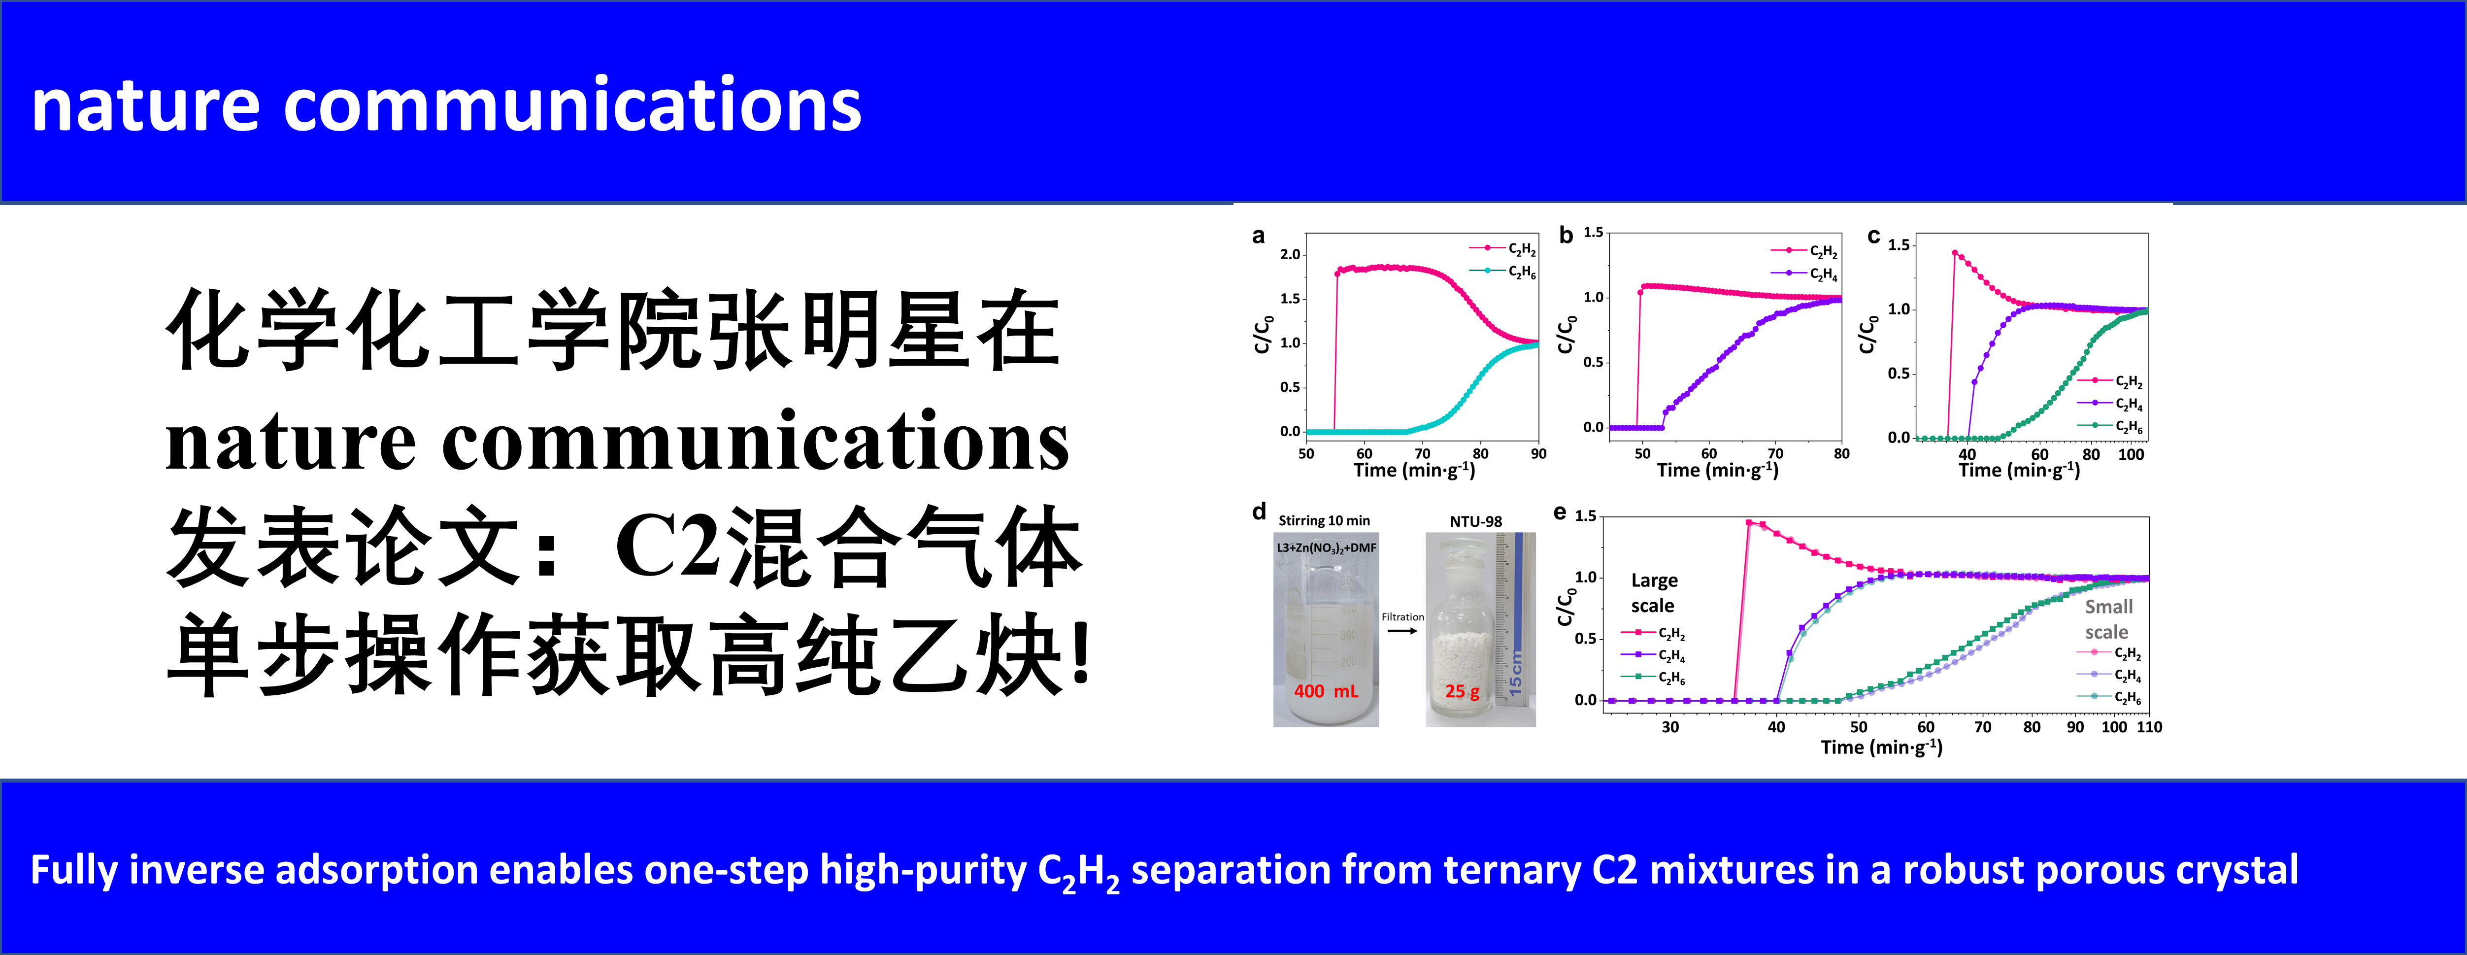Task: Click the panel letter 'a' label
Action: click(x=1259, y=236)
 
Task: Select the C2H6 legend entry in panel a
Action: click(x=1503, y=272)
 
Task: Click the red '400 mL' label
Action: click(x=1327, y=691)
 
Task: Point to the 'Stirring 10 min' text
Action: click(x=1325, y=520)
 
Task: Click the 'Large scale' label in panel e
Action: click(x=1654, y=593)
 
